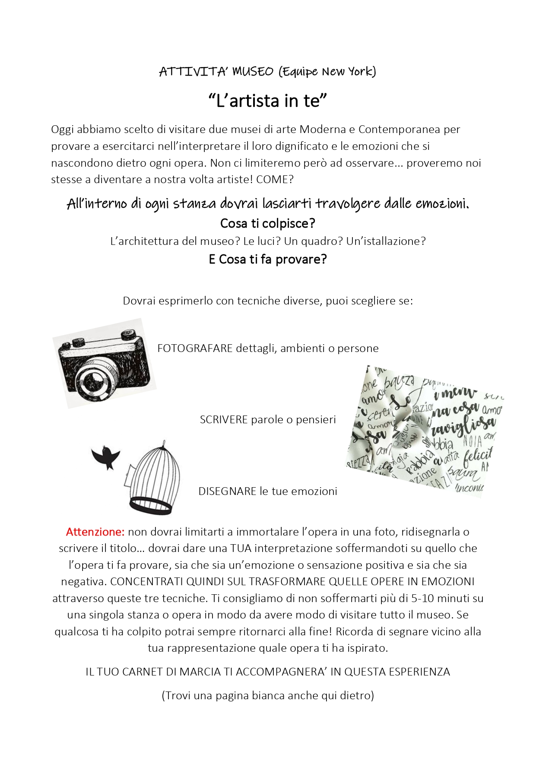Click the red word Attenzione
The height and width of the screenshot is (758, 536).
pos(95,532)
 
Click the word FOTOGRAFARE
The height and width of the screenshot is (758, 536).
pos(195,348)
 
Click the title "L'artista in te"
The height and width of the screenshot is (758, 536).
pos(268,101)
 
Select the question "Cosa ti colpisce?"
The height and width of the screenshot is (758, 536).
pos(268,223)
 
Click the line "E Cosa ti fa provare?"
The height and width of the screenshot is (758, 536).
pos(268,259)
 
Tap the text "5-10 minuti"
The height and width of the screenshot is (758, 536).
pos(441,598)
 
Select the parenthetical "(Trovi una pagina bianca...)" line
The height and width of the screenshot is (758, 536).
pos(268,695)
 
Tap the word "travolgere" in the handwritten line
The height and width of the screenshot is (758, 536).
pos(348,203)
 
